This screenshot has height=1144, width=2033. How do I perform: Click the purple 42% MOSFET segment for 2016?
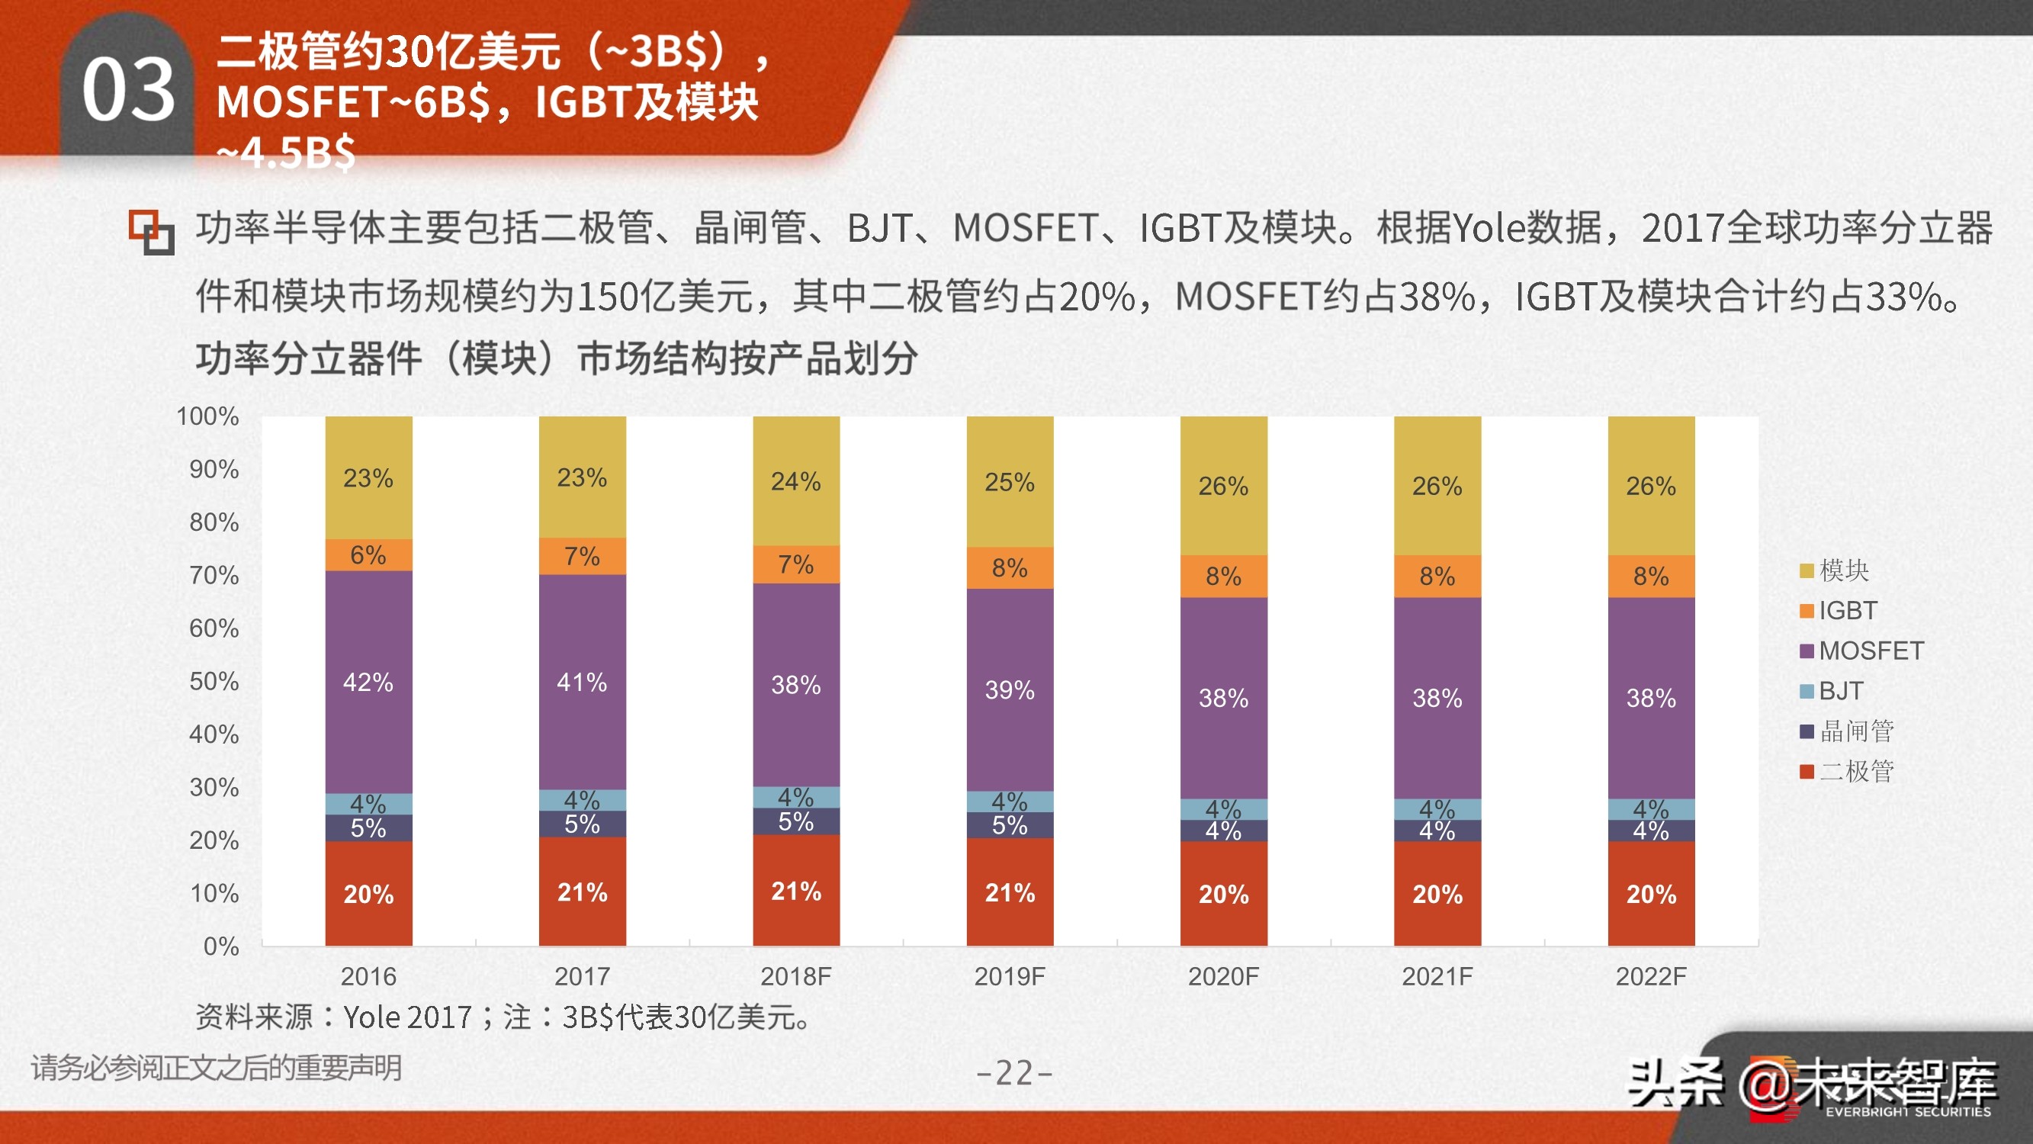[x=368, y=681]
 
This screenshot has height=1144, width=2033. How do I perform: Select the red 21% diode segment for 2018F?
[x=795, y=891]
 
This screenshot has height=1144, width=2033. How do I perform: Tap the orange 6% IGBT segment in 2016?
[x=368, y=555]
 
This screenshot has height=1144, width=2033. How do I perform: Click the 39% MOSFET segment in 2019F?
[x=1010, y=689]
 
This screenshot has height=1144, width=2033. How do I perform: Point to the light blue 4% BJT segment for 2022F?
[x=1651, y=808]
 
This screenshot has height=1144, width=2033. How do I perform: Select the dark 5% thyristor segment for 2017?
[x=583, y=824]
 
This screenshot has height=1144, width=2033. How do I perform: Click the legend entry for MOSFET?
[x=1861, y=651]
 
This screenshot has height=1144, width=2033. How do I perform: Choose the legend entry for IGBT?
[x=1839, y=610]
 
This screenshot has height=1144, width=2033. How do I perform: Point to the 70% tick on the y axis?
[x=214, y=575]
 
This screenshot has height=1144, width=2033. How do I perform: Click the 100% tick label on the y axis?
[x=207, y=416]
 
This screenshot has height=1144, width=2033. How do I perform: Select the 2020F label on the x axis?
[x=1223, y=977]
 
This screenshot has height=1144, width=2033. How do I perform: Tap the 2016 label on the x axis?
[x=368, y=977]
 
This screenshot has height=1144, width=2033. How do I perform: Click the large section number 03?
[x=128, y=90]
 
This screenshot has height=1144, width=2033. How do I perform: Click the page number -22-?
[x=1014, y=1073]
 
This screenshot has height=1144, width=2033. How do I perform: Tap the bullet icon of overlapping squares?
[x=152, y=232]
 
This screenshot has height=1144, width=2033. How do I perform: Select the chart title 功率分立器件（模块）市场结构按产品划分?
[x=557, y=358]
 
